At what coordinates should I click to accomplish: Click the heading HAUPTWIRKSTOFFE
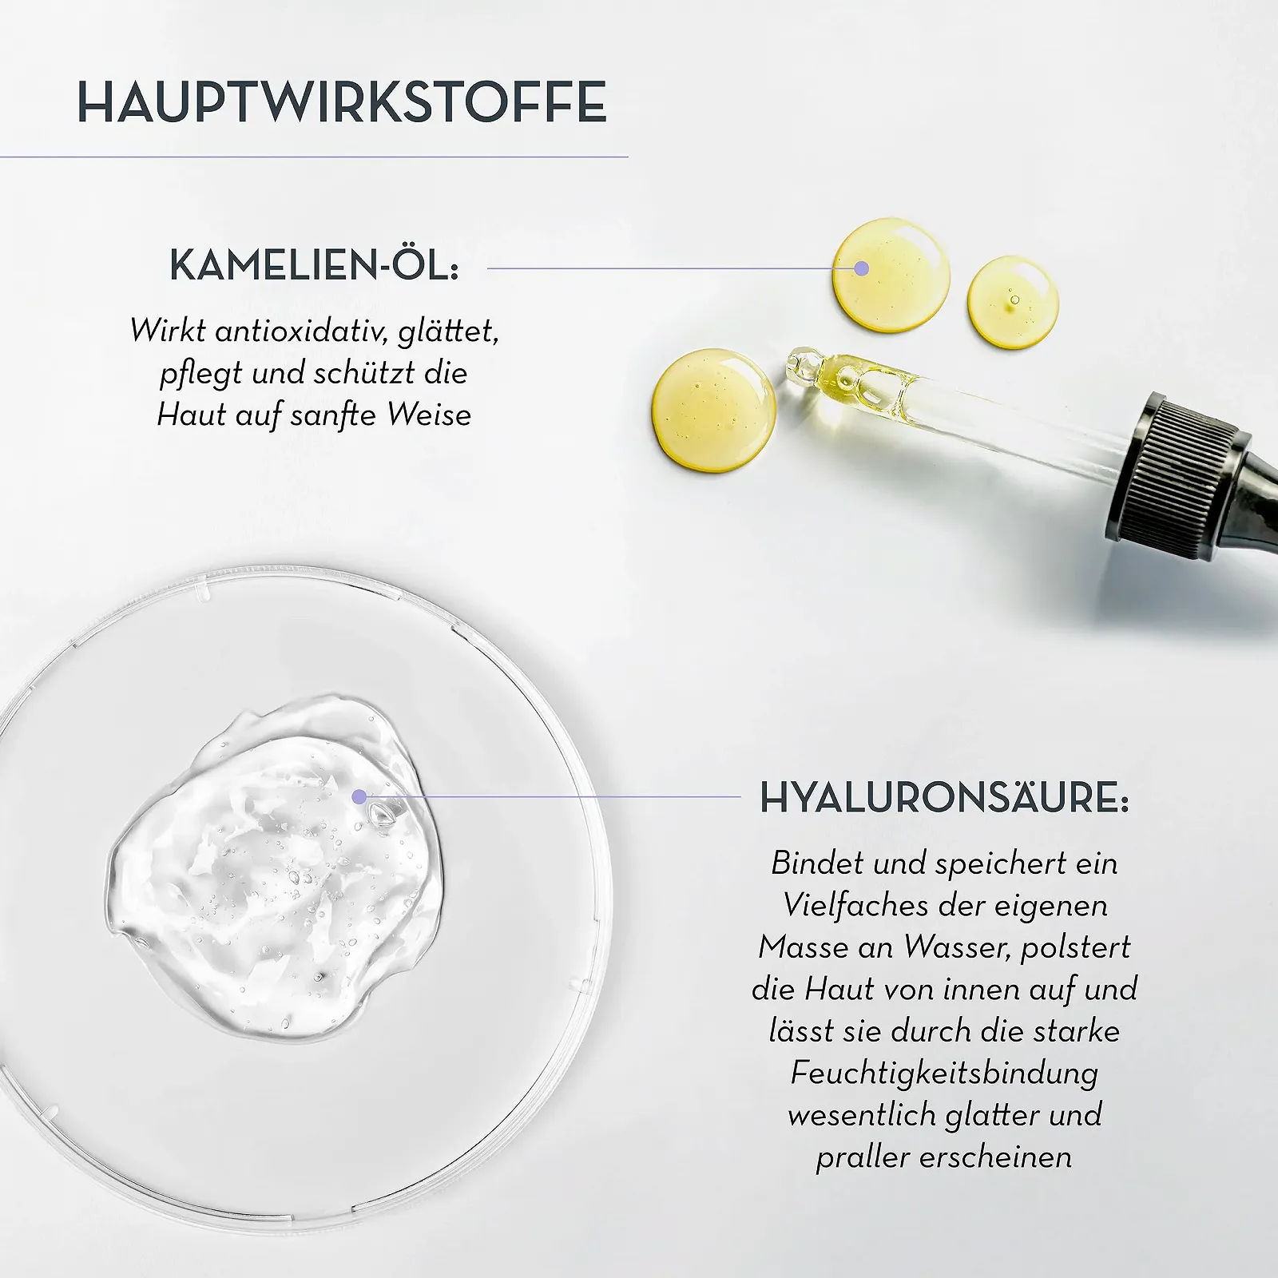coord(342,101)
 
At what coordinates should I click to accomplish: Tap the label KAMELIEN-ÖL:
coord(314,265)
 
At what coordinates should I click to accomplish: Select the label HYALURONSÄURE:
coord(944,797)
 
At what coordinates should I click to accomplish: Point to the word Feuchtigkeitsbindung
coord(945,1074)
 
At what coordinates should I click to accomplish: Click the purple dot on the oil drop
coord(861,268)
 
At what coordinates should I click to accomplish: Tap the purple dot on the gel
coord(359,796)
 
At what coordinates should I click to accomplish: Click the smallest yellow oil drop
coord(1013,302)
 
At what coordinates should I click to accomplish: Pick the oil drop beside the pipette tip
coord(713,409)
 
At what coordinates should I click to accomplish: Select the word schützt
coord(365,373)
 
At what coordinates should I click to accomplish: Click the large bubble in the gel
coord(383,813)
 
